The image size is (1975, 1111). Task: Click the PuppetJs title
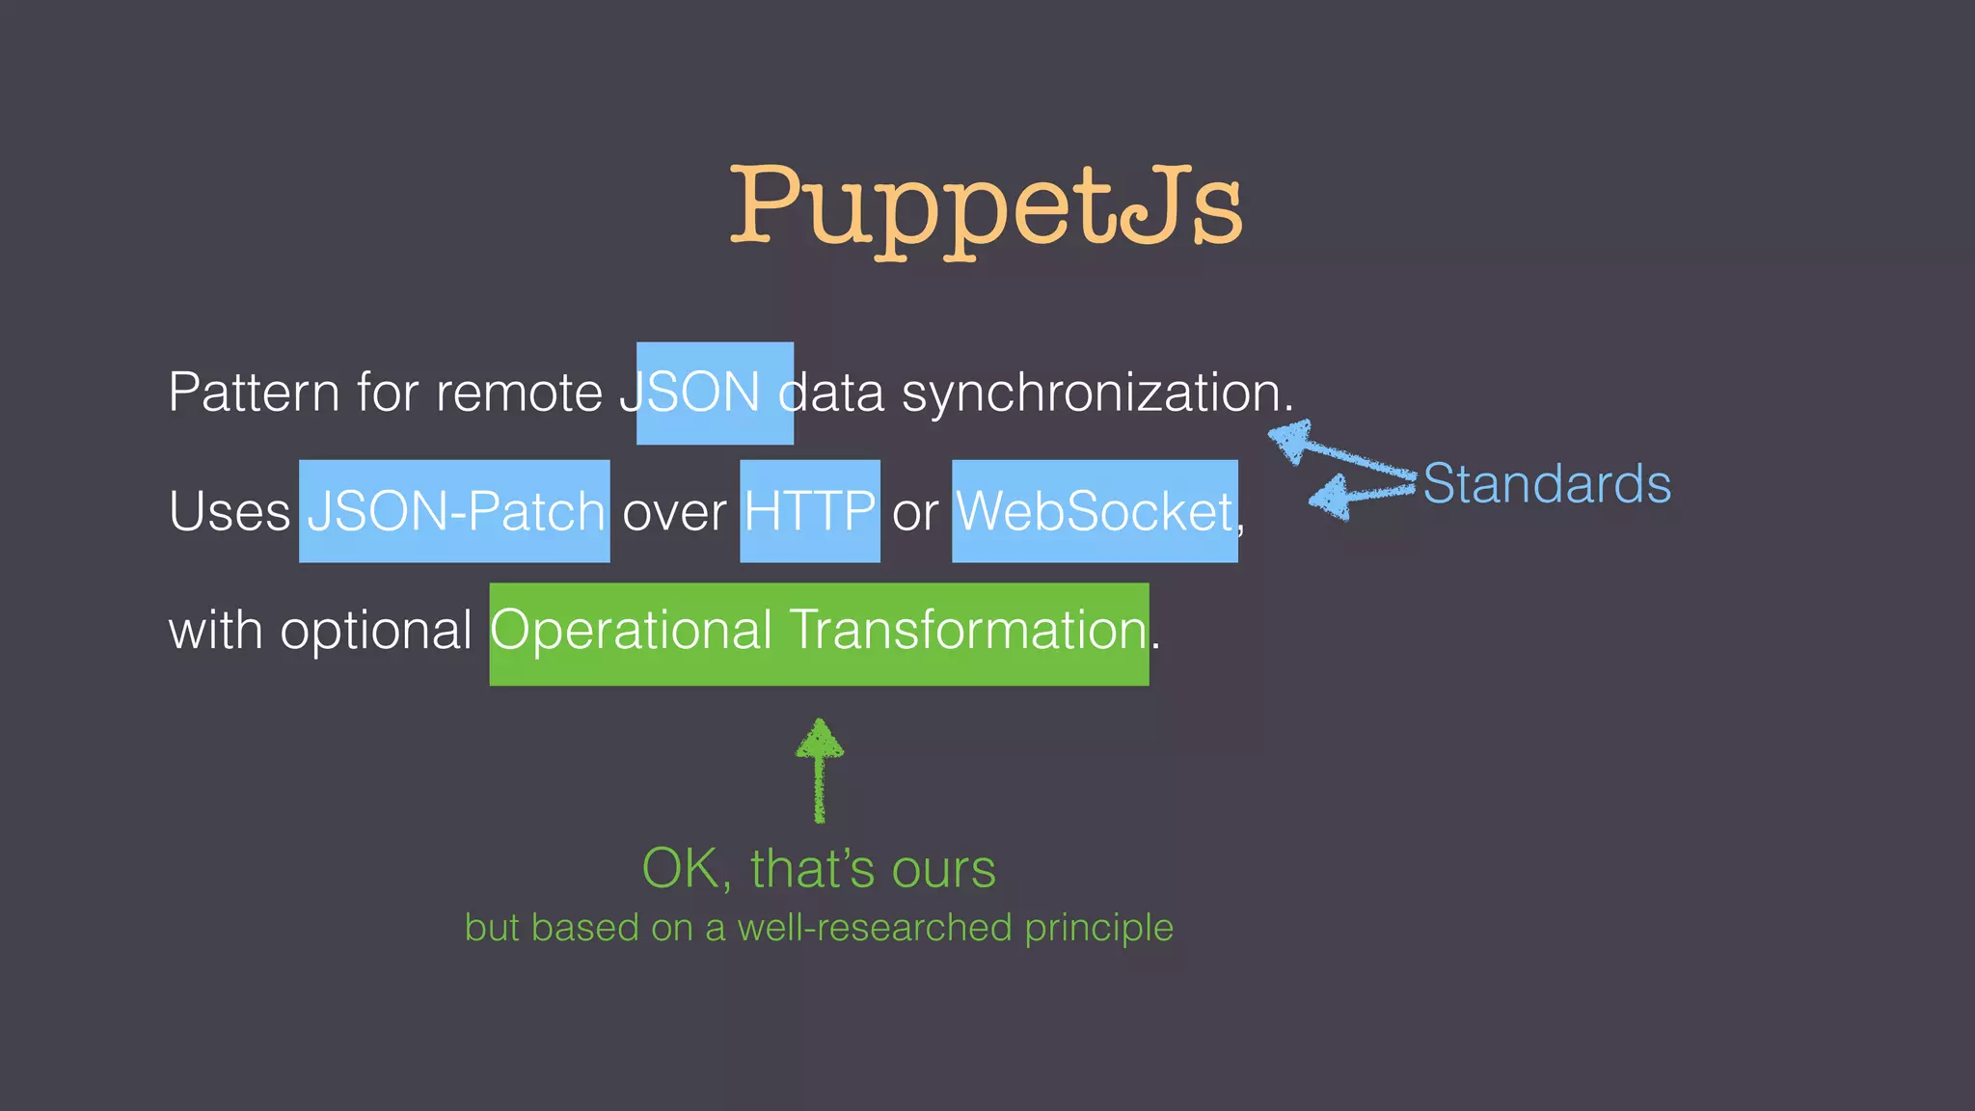click(986, 206)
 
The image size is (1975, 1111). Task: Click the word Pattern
click(254, 393)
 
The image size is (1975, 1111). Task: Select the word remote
click(519, 393)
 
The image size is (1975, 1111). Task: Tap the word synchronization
click(1096, 393)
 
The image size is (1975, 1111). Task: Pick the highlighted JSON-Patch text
click(455, 511)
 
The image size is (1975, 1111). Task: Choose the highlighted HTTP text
click(810, 511)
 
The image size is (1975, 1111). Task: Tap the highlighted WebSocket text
click(1095, 511)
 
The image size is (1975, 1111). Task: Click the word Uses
click(229, 511)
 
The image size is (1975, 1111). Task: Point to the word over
click(674, 511)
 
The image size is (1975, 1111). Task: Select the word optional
click(375, 631)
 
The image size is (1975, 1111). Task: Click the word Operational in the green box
click(632, 631)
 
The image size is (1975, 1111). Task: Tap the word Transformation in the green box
click(968, 631)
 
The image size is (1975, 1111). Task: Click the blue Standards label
click(1547, 484)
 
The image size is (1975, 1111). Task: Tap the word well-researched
click(875, 928)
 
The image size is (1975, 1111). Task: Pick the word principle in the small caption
click(1098, 928)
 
